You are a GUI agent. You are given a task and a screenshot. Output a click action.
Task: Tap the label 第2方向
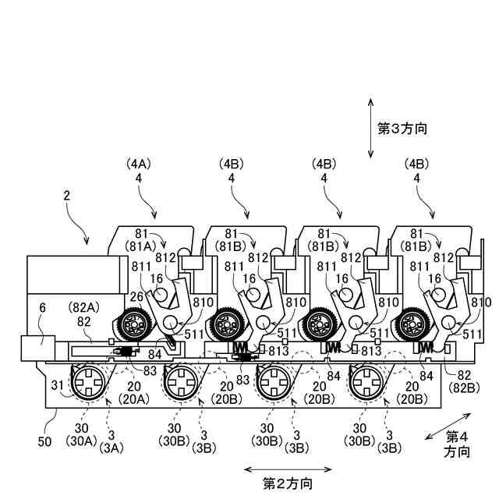[x=288, y=483]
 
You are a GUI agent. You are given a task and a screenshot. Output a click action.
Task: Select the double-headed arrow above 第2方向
[x=288, y=469]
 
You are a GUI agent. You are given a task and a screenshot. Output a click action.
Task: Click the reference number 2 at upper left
[x=68, y=200]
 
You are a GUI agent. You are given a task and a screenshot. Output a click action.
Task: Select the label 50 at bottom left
[x=44, y=421]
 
